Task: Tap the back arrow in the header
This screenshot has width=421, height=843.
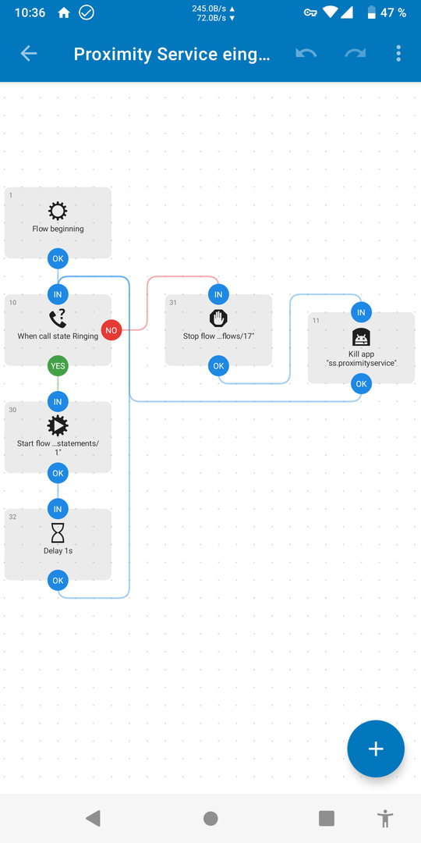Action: pyautogui.click(x=29, y=53)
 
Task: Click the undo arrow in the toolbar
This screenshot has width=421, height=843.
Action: pyautogui.click(x=306, y=53)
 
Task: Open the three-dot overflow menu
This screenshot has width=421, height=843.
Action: pyautogui.click(x=398, y=53)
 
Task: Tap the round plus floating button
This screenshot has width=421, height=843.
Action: pyautogui.click(x=375, y=749)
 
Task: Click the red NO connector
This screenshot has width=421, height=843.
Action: pyautogui.click(x=111, y=330)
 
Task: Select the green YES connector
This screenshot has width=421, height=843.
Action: pyautogui.click(x=58, y=366)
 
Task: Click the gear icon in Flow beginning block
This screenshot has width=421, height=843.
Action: pyautogui.click(x=58, y=212)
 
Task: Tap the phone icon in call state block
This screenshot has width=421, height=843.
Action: pyautogui.click(x=58, y=319)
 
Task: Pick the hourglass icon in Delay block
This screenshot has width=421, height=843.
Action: pyautogui.click(x=58, y=533)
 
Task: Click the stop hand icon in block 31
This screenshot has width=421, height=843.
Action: pyautogui.click(x=218, y=318)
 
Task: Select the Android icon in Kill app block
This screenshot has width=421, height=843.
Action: pyautogui.click(x=362, y=338)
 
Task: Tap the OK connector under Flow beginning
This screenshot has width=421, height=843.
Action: pyautogui.click(x=58, y=258)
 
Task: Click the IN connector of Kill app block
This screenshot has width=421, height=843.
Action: pyautogui.click(x=362, y=312)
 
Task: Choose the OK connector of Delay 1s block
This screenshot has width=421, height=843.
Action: pyautogui.click(x=58, y=581)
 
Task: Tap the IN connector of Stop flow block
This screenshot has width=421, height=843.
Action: pyautogui.click(x=218, y=294)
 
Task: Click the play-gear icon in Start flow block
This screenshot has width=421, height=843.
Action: pyautogui.click(x=58, y=426)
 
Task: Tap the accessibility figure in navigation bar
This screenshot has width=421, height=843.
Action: pyautogui.click(x=384, y=819)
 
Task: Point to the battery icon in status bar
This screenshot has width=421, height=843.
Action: pyautogui.click(x=371, y=12)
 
